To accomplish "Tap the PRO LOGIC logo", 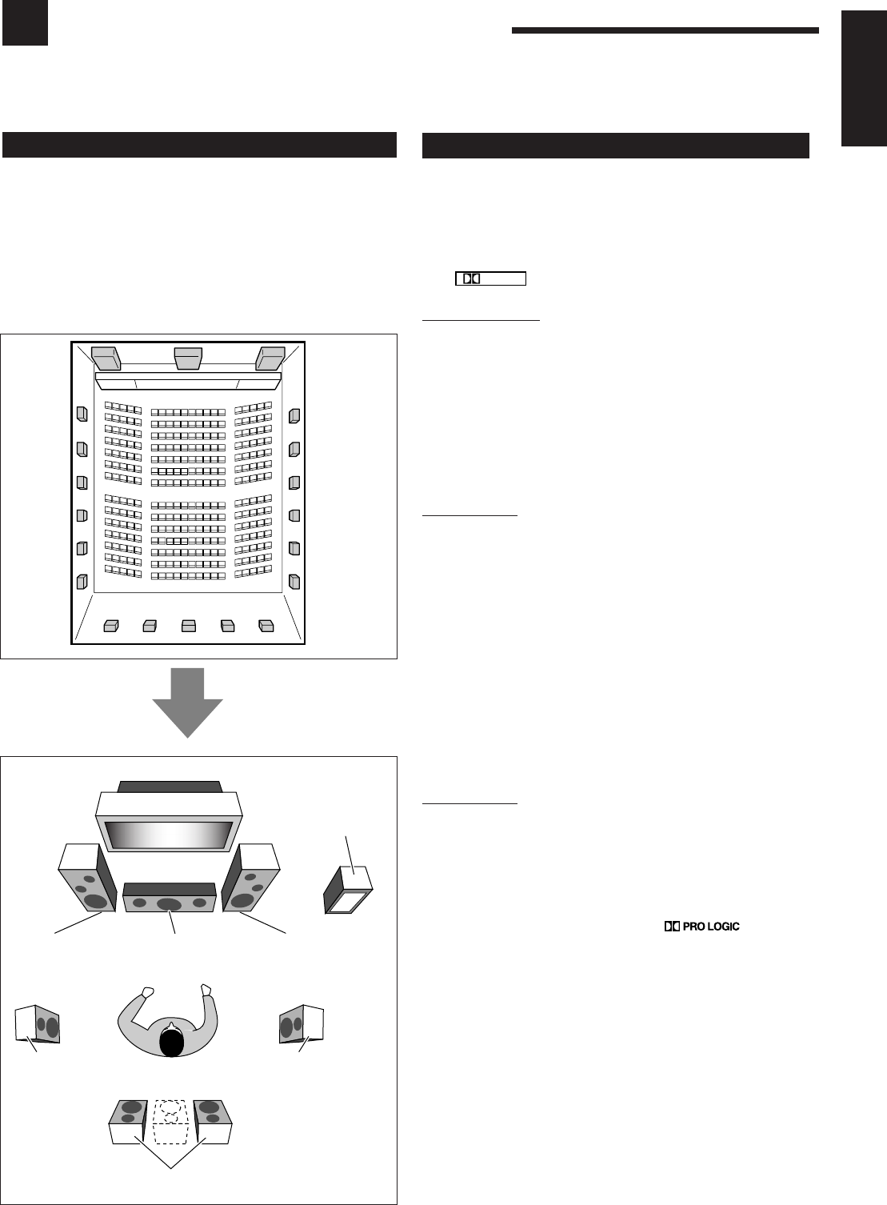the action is tap(701, 927).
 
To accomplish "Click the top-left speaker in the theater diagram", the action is tap(106, 357).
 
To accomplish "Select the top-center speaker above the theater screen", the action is tap(187, 357).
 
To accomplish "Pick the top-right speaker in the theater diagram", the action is tap(270, 357).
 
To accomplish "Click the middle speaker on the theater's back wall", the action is tap(189, 626).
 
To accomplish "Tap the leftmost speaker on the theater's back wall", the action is tap(111, 626).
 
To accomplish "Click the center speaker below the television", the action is tap(170, 897).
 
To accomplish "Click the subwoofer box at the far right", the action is tap(348, 889).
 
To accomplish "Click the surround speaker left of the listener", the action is tap(38, 1023).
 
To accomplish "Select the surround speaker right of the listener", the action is tap(302, 1023).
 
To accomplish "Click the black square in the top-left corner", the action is tap(25, 23).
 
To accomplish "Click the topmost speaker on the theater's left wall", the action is tap(82, 414).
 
